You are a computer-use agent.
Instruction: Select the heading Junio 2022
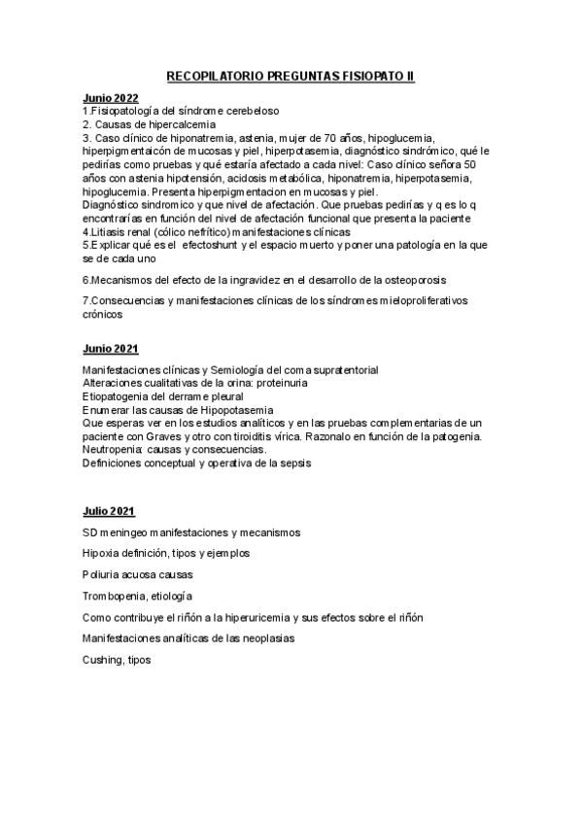110,99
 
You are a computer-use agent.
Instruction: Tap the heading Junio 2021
110,348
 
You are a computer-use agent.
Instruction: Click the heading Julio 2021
109,511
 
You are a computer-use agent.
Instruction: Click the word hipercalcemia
181,125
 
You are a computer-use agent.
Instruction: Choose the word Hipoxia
103,553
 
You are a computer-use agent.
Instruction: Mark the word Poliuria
104,574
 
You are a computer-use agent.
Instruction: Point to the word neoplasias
265,638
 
